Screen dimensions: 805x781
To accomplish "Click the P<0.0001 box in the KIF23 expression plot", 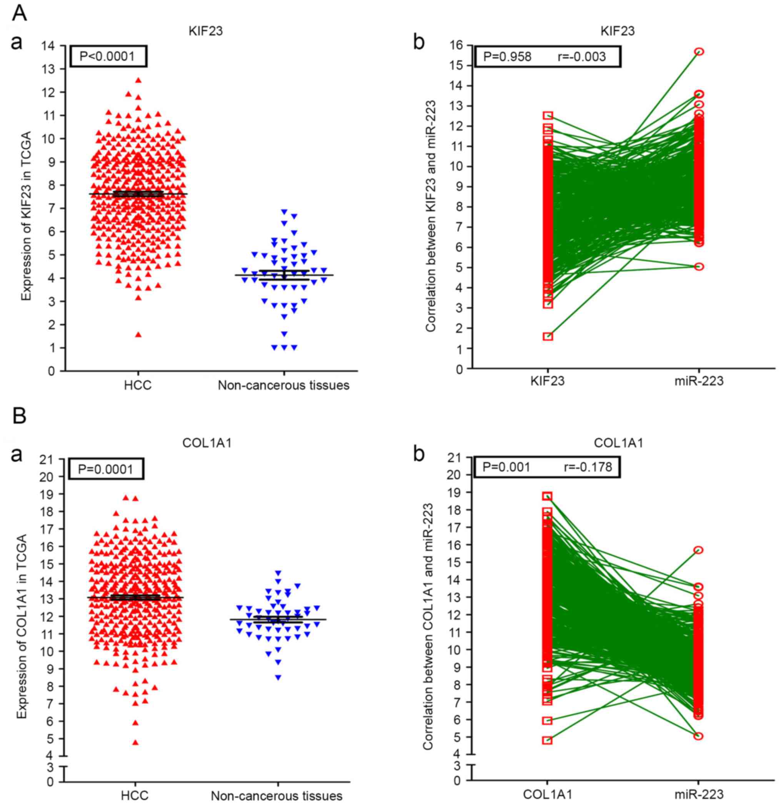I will (x=108, y=56).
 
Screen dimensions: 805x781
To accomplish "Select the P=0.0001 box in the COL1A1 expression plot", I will (x=106, y=469).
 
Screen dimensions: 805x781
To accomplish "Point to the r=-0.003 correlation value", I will (x=581, y=56).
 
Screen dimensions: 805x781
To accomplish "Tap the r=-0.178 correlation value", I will (x=588, y=467).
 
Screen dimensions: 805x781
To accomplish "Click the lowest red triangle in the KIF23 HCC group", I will (x=138, y=334).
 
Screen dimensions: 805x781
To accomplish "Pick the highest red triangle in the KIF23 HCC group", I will (x=138, y=80).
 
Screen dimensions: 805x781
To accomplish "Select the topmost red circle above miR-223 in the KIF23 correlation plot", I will (x=699, y=52).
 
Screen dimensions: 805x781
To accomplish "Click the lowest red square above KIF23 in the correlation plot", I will (x=548, y=336).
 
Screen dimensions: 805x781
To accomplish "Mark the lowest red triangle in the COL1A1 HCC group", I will (x=135, y=742).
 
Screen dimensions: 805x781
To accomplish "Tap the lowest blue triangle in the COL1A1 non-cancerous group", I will (x=278, y=678).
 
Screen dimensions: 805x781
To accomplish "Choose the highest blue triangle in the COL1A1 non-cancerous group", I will (x=278, y=572).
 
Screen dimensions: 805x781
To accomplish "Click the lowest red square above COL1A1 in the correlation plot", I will (x=547, y=740).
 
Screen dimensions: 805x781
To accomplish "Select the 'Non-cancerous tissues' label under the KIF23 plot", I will (x=283, y=385).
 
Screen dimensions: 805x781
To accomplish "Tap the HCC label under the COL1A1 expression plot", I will (x=135, y=795).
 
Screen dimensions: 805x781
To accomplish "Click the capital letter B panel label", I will (x=19, y=416).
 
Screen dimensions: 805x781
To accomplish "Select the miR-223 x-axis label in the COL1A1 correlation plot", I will (x=699, y=793).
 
